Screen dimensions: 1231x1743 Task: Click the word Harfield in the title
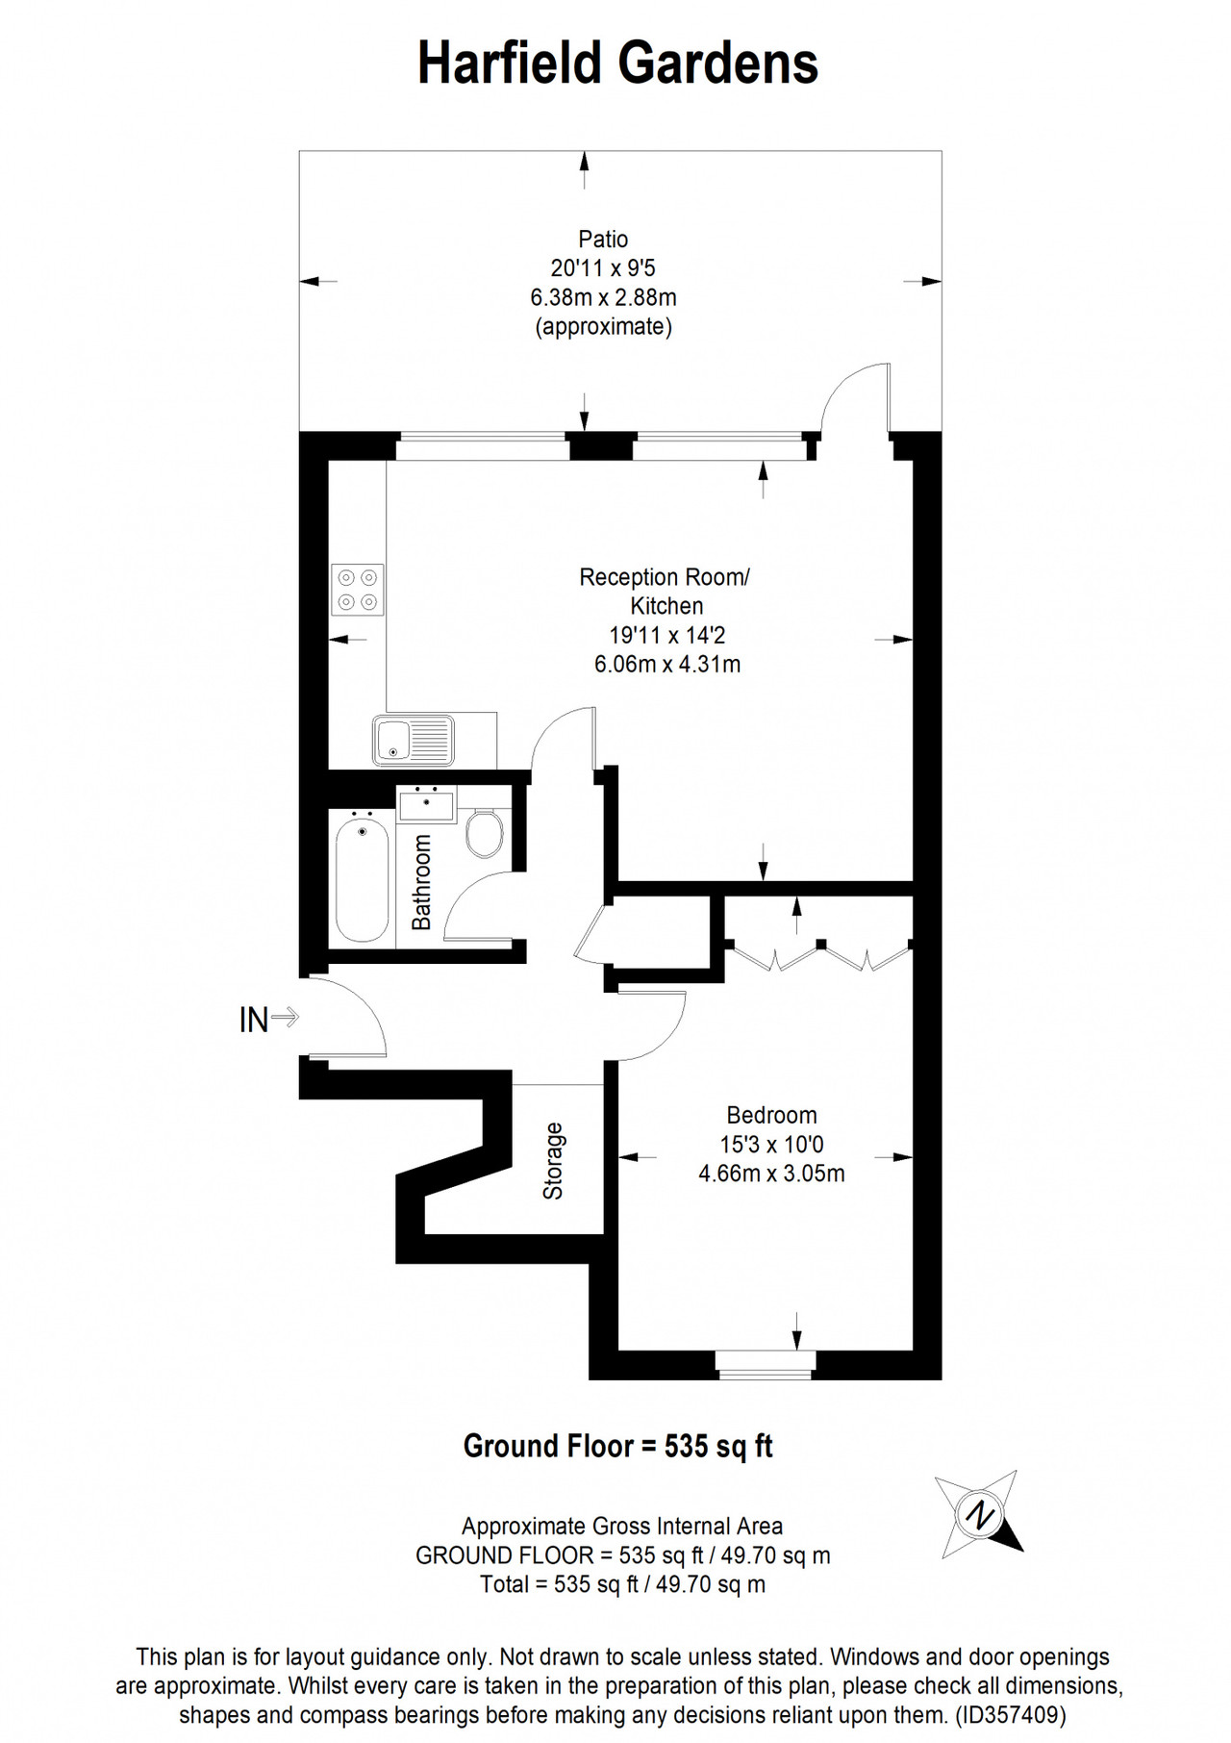(x=511, y=63)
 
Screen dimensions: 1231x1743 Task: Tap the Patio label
(x=603, y=239)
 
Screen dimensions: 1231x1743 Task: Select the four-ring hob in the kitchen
(x=358, y=590)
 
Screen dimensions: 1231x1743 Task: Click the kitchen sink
(x=414, y=740)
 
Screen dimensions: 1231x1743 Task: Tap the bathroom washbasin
(x=427, y=803)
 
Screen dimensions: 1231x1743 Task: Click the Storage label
(x=553, y=1161)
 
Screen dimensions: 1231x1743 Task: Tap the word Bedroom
(x=771, y=1115)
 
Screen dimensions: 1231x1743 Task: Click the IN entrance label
(x=254, y=1020)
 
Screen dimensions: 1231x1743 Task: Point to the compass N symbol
(x=980, y=1516)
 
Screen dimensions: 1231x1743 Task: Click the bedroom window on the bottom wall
(x=766, y=1364)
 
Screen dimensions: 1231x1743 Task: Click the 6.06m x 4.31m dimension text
(x=667, y=664)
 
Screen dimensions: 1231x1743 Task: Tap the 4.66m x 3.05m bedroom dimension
(x=771, y=1174)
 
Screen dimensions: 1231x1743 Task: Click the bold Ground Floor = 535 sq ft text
(x=617, y=1446)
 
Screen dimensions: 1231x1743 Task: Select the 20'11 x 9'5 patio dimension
(x=603, y=268)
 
